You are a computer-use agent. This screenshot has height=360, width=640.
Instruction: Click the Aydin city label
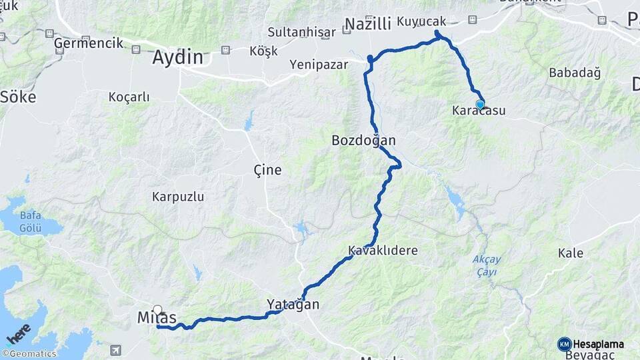coord(177,57)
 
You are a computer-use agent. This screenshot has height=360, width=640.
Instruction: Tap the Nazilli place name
coord(368,25)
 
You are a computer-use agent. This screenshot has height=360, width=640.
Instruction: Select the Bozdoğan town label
coord(363,141)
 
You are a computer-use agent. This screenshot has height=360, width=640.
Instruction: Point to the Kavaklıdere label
coord(383,251)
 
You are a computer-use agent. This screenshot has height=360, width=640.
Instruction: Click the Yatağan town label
coord(293,305)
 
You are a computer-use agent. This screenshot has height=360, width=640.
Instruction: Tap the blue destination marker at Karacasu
coord(479,104)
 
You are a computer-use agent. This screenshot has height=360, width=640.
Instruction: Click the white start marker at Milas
coord(157,309)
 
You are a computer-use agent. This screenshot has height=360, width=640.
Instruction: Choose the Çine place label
coord(267,170)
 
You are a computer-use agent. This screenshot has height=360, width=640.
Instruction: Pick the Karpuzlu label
coord(178,197)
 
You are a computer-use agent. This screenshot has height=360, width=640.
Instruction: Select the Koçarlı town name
coord(129,97)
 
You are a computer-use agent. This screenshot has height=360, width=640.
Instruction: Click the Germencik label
coord(89,43)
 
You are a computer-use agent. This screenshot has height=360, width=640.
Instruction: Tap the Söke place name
coord(18,97)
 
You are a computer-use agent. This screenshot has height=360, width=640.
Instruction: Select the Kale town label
coord(571,253)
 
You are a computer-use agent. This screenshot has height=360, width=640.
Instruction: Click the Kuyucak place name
coord(421,21)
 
